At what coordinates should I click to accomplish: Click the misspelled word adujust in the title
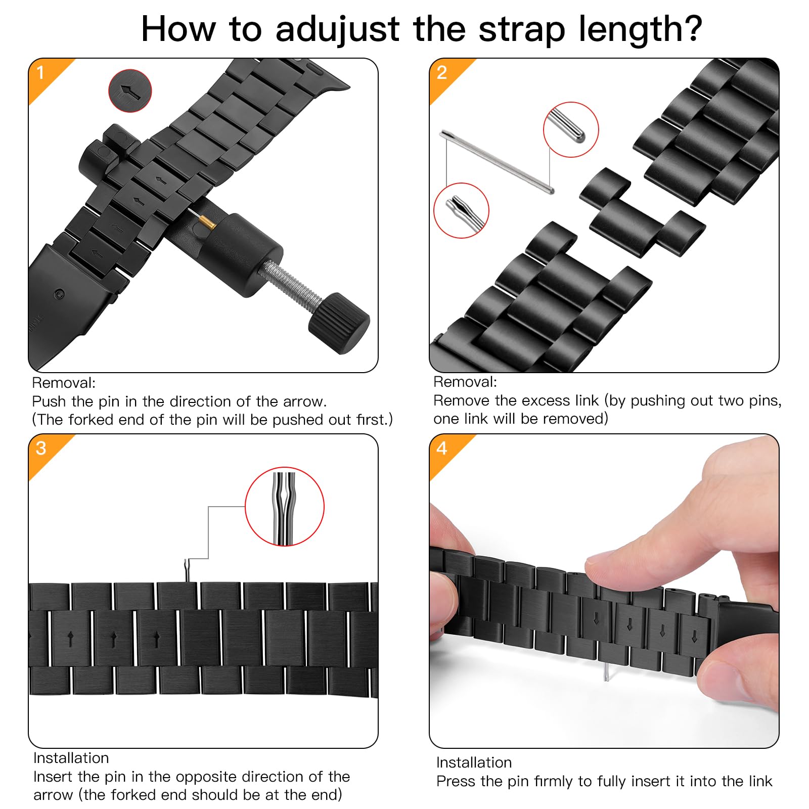coord(337,29)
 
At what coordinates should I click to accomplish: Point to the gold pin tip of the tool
coord(207,222)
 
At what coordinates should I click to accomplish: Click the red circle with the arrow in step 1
coord(130,91)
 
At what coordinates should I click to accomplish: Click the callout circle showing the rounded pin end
coord(571,129)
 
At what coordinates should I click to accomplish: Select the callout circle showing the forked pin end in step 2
coord(461,210)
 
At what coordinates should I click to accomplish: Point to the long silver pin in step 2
coord(498,162)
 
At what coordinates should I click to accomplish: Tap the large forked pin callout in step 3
coord(285,507)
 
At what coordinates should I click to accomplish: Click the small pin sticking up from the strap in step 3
coord(187,571)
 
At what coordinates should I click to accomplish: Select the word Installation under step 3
coord(71,758)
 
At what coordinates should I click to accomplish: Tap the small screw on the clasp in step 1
coord(60,294)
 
